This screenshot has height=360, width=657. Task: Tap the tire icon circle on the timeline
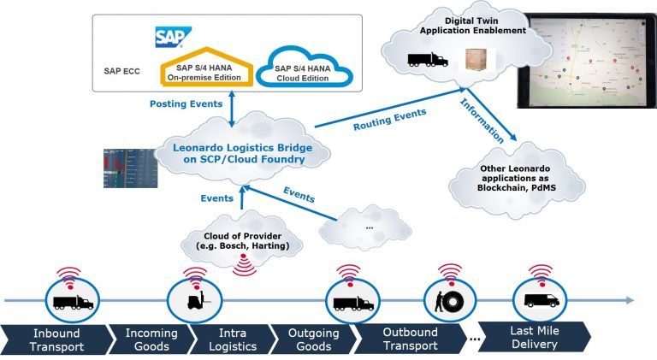447,301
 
